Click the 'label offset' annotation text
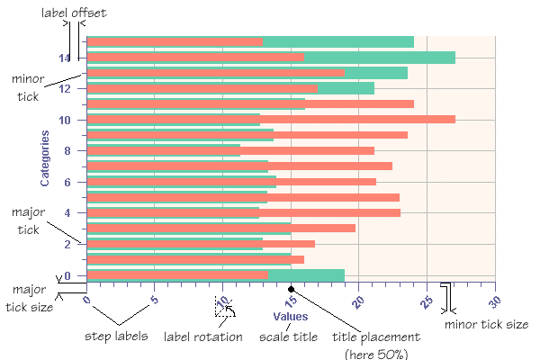74,12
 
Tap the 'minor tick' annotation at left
29,87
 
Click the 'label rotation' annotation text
202,337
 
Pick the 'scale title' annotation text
288,337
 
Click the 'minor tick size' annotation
487,324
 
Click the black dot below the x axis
291,289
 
